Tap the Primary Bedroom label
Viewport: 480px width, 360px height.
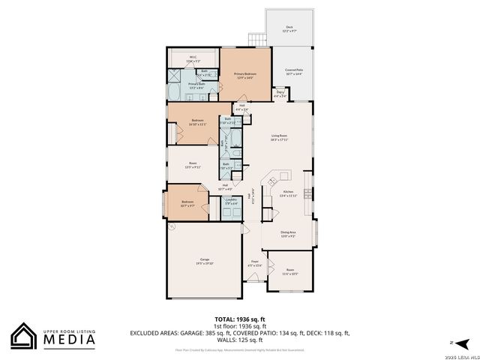click(x=245, y=74)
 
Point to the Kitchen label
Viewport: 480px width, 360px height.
click(x=289, y=193)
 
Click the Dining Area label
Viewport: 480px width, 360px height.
click(x=287, y=234)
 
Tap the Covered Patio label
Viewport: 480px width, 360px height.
click(x=293, y=72)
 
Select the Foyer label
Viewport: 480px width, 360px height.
click(x=254, y=263)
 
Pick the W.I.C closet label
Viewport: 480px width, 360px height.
click(x=193, y=58)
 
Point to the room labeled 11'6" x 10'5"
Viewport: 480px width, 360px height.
click(x=289, y=272)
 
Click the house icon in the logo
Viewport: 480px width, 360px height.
click(x=24, y=336)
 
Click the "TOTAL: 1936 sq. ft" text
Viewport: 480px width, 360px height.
click(x=239, y=319)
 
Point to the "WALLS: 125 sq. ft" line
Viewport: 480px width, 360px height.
click(x=240, y=338)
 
